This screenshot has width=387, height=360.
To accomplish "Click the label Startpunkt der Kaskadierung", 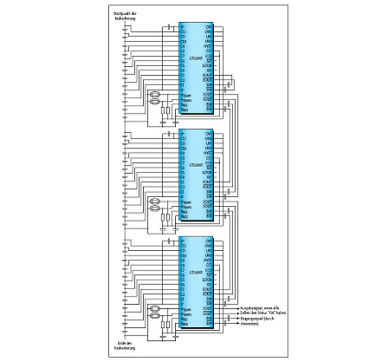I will coord(125,16).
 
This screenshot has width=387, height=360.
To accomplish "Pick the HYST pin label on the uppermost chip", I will coord(208,46).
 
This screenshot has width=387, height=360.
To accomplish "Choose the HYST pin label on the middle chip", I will coord(208,153).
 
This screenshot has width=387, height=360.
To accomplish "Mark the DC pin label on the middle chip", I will coord(209,177).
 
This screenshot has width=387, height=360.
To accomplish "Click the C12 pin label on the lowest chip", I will coord(183,246).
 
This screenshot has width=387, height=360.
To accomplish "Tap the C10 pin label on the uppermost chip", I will coord(183,41).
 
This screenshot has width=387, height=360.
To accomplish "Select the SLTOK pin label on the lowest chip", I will coord(207,280).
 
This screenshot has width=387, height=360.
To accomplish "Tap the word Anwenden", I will coord(249,324).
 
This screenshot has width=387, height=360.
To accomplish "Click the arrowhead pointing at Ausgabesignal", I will coord(238,308).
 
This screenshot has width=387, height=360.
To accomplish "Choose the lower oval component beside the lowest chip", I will coord(155,316).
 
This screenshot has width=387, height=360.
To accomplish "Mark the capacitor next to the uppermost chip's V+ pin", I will coord(169,28).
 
